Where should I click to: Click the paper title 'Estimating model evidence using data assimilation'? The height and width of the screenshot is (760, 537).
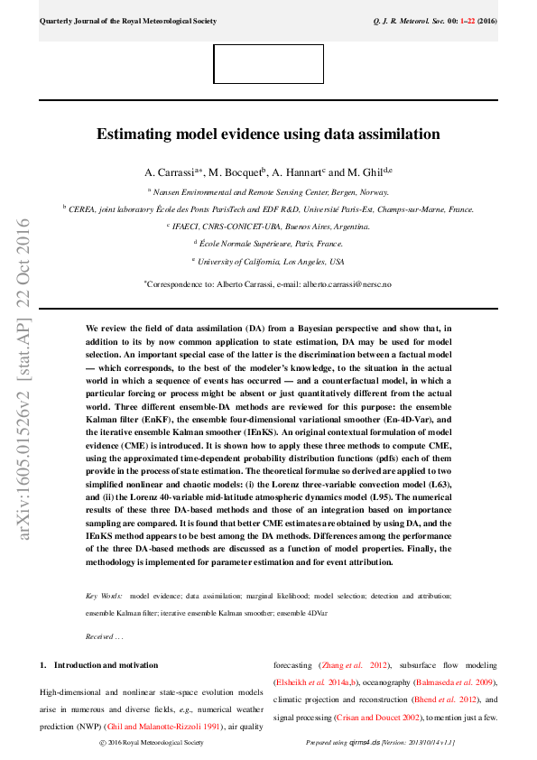(x=268, y=134)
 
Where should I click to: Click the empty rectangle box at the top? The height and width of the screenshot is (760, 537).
(x=268, y=64)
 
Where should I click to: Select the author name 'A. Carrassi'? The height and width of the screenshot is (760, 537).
(x=171, y=172)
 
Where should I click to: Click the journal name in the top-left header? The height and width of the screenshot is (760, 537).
(x=127, y=20)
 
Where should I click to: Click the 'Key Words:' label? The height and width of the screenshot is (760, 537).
(x=104, y=597)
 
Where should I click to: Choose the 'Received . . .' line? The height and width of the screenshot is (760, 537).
(x=105, y=636)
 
